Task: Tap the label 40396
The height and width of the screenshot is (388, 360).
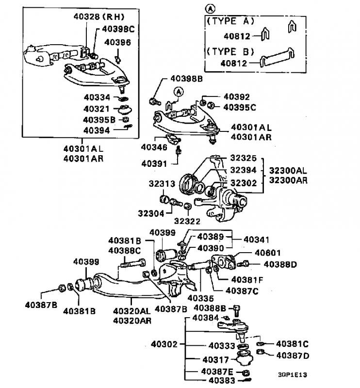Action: point(117,42)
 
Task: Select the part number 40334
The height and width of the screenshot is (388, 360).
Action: point(97,97)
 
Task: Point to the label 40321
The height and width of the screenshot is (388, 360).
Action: point(97,109)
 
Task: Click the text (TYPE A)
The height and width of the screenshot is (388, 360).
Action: point(230,21)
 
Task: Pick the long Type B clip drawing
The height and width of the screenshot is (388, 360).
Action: point(278,57)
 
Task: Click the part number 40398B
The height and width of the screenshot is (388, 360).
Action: point(186,79)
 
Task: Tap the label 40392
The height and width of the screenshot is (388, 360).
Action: point(237,97)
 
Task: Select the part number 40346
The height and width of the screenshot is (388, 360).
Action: point(154,147)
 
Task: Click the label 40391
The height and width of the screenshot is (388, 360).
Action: point(154,163)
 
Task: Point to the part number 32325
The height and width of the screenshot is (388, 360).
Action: point(244,158)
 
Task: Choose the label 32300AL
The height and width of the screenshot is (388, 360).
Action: point(288,171)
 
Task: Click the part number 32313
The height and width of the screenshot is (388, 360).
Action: point(162,184)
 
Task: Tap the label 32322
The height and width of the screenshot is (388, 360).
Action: point(187,221)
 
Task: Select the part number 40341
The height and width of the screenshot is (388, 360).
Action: point(256,240)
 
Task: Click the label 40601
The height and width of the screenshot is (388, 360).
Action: point(268,253)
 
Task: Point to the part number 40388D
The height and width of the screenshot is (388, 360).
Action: point(280,264)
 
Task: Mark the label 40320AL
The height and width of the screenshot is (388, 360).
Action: point(131,311)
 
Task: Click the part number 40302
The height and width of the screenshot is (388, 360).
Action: point(164,344)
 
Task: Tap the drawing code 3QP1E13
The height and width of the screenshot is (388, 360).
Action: point(292,374)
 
